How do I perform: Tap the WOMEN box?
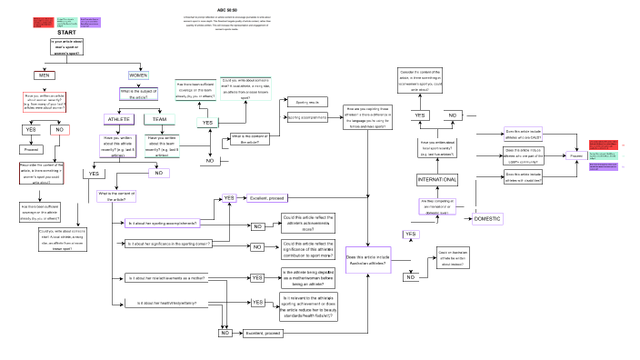pyautogui.click(x=138, y=75)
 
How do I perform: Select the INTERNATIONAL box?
pyautogui.click(x=437, y=180)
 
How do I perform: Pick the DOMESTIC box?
pyautogui.click(x=488, y=219)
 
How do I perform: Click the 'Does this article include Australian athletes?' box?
pyautogui.click(x=369, y=260)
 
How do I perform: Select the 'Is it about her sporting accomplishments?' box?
pyautogui.click(x=163, y=223)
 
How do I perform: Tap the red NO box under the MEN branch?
pyautogui.click(x=59, y=130)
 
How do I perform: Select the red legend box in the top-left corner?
pyautogui.click(x=42, y=20)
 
